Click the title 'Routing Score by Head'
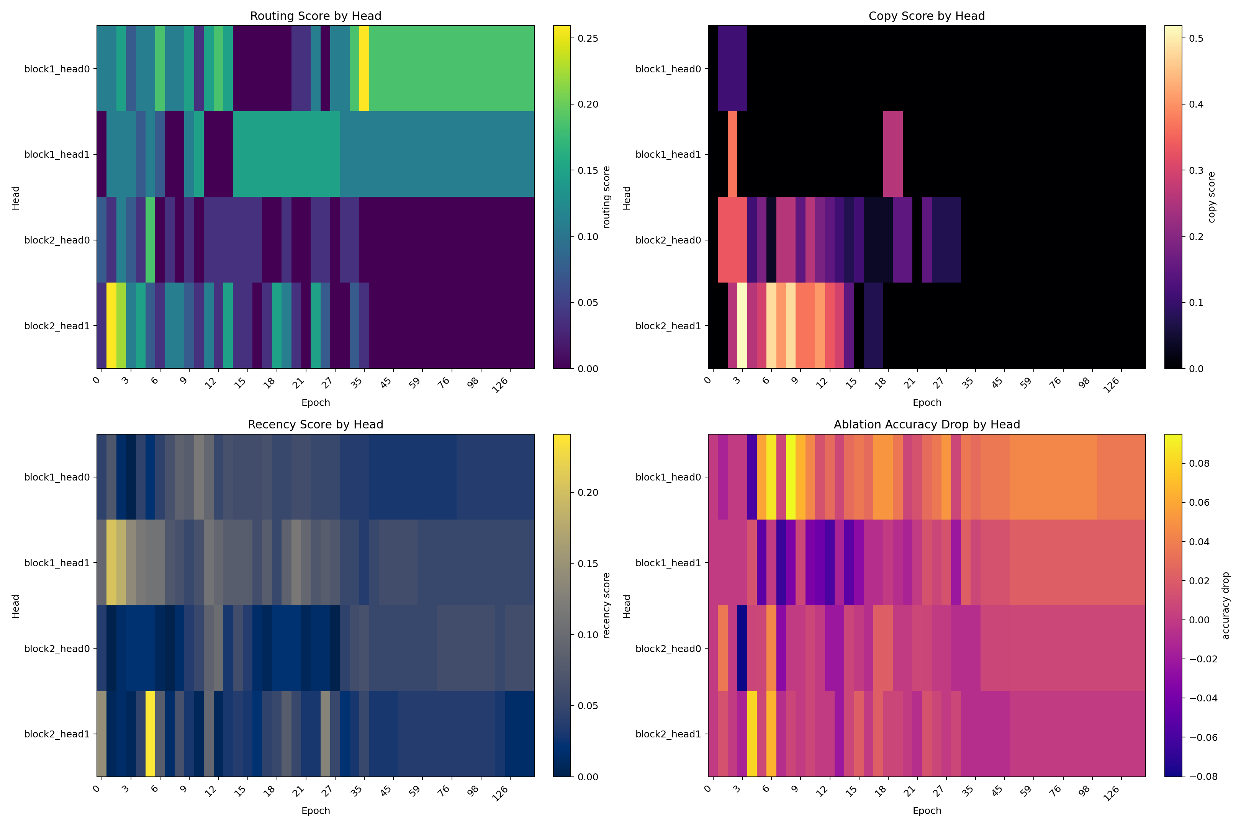pos(316,16)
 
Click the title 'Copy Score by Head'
pos(927,16)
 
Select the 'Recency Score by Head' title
pos(316,425)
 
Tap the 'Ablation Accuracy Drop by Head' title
pos(927,425)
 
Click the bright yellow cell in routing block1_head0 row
pos(364,69)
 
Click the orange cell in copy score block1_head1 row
pos(732,154)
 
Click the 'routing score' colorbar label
pos(606,197)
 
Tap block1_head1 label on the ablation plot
pos(668,563)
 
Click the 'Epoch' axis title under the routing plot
pos(316,402)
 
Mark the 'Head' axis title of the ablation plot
pos(627,606)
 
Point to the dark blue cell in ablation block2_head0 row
pos(742,648)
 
